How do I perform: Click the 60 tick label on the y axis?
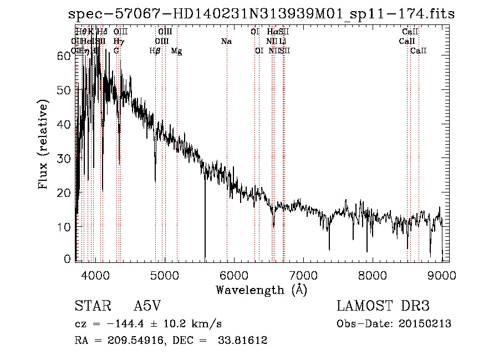[65, 56]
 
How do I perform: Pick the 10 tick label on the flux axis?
[65, 227]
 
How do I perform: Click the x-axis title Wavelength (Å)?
[261, 290]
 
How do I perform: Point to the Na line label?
[226, 42]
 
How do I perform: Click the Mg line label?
[176, 51]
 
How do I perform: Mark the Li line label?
[283, 42]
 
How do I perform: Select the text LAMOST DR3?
[383, 306]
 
